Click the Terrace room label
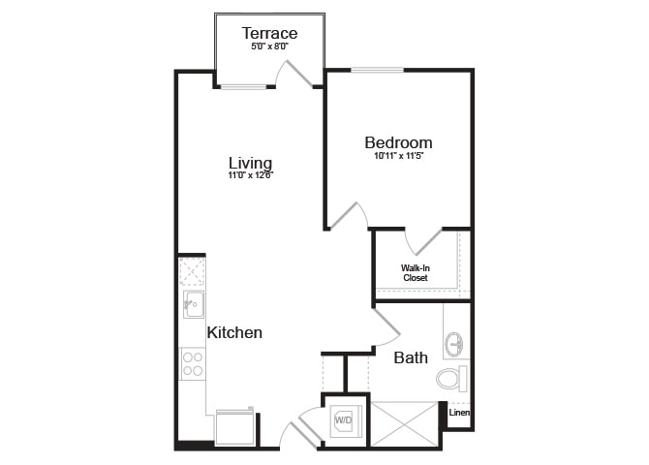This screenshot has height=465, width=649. (269, 33)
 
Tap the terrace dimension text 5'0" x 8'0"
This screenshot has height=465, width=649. (269, 46)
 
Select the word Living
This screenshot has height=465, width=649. (250, 163)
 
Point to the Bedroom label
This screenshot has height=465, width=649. (398, 142)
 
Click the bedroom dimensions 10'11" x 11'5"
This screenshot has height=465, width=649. (398, 156)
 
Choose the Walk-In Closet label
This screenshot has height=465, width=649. (416, 273)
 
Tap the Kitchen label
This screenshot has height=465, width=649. (234, 332)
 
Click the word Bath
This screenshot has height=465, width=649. (411, 357)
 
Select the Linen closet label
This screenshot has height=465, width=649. (459, 413)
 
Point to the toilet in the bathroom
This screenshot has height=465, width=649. (451, 379)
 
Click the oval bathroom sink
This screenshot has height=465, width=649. (454, 344)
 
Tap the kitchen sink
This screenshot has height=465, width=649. (194, 304)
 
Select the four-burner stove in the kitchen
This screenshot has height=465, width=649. (193, 364)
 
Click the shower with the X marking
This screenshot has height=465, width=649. (404, 423)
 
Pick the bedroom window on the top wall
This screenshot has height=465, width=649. (377, 70)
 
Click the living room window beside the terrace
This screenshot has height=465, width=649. (243, 87)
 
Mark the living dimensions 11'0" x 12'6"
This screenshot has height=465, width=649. (251, 175)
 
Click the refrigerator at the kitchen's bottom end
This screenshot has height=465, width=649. (234, 428)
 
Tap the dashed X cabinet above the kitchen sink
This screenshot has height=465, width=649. (191, 271)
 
